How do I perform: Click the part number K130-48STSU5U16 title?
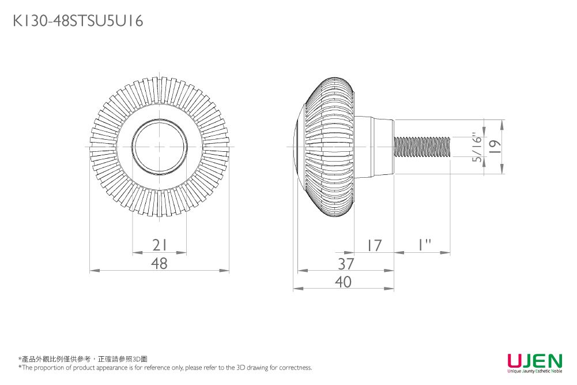click(78, 21)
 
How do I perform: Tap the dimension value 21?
click(159, 245)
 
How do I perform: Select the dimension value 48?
click(159, 263)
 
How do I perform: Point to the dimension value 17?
click(374, 245)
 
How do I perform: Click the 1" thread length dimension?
click(424, 245)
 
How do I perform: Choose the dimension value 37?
click(346, 263)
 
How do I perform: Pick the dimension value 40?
click(344, 282)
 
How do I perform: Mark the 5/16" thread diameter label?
click(477, 147)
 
